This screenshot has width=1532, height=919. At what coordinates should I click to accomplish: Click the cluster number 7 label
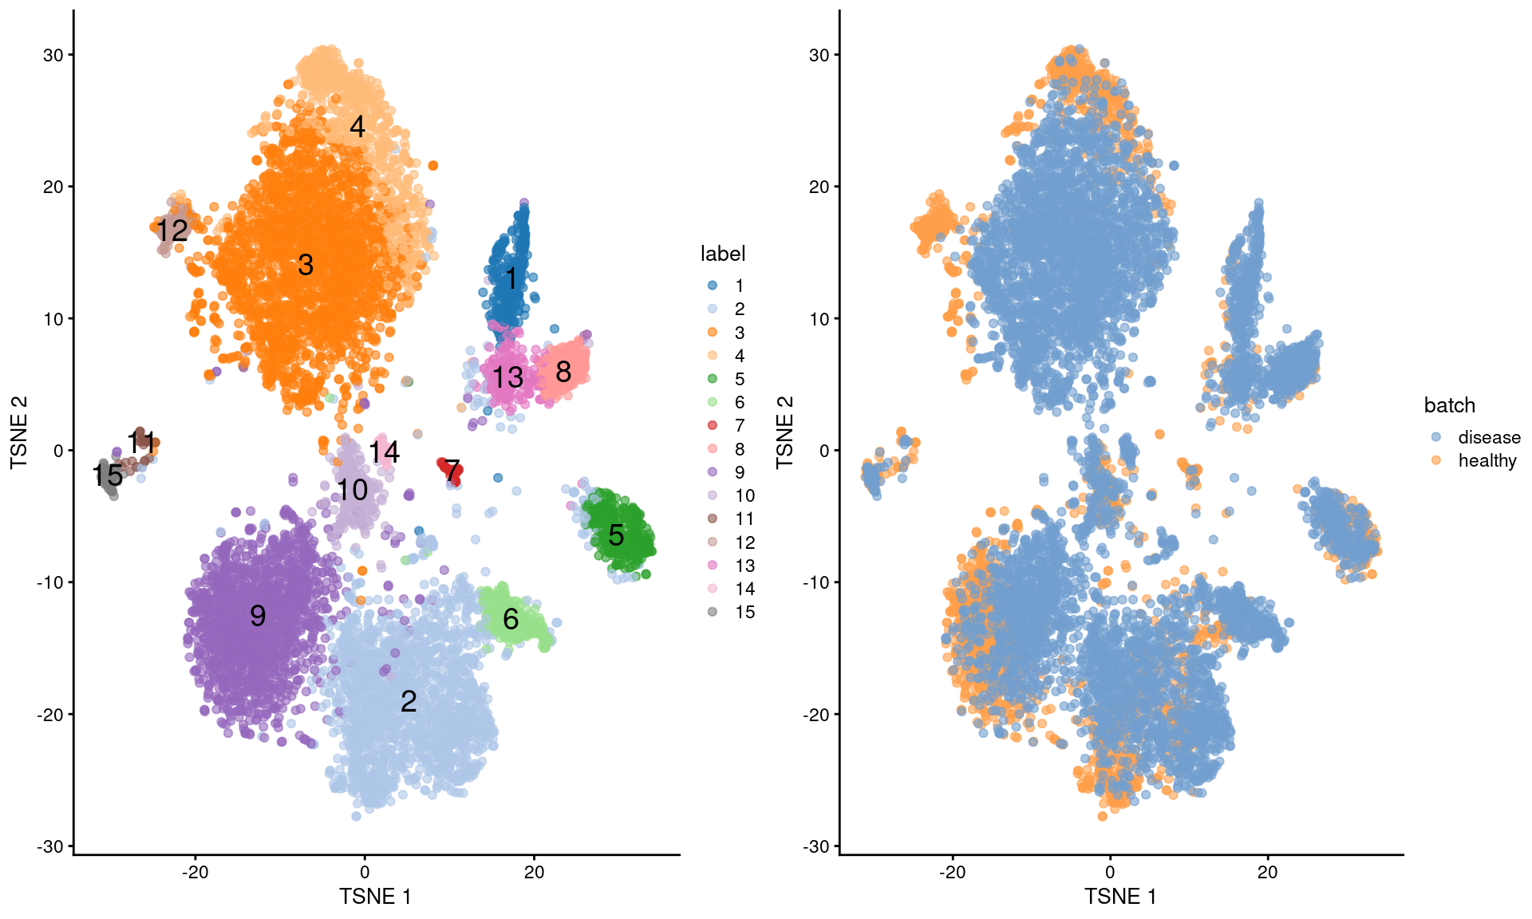[452, 471]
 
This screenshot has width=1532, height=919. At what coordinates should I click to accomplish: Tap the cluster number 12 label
[172, 231]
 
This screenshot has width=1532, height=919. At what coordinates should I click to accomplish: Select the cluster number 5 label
[616, 535]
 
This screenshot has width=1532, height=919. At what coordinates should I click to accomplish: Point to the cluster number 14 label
[384, 452]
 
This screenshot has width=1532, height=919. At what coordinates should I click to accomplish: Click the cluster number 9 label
[258, 615]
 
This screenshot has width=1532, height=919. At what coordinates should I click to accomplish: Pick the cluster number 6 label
[511, 618]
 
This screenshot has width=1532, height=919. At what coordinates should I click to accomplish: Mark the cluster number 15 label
[108, 475]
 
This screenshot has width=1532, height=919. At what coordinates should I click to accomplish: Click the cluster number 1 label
[511, 278]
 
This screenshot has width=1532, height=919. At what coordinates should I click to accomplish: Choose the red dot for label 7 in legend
[713, 425]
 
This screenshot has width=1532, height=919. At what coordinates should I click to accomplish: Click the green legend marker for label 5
[713, 379]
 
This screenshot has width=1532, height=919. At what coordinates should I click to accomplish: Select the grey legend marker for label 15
[713, 612]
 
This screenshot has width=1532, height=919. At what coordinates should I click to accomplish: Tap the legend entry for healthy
[1487, 460]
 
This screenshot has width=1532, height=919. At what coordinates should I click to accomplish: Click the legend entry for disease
[1488, 437]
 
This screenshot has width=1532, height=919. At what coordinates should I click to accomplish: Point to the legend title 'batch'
[1449, 405]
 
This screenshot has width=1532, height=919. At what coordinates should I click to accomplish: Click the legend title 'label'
[722, 254]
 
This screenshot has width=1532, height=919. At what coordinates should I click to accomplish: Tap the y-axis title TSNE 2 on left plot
[19, 432]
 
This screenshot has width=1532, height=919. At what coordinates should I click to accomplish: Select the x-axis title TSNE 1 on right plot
[1119, 897]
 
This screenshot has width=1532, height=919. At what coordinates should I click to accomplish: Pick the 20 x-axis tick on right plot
[1267, 872]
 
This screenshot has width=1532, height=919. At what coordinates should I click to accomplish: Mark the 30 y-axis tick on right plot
[819, 55]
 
